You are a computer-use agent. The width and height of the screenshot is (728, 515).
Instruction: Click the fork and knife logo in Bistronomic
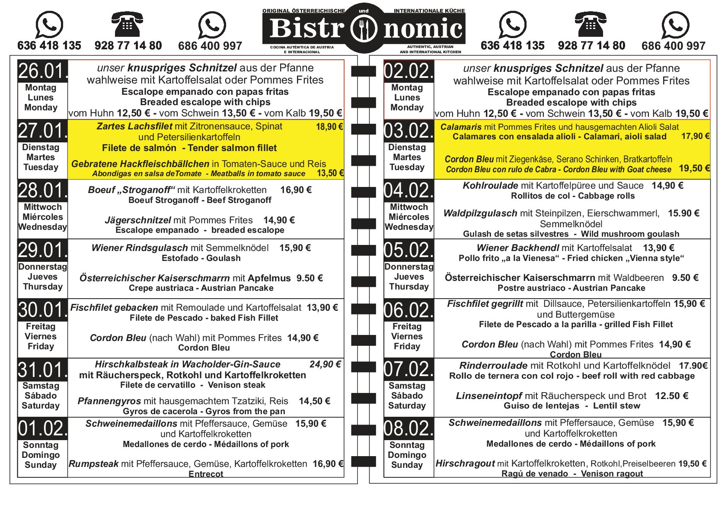click(x=364, y=29)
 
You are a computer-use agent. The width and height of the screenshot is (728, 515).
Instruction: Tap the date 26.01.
click(x=42, y=71)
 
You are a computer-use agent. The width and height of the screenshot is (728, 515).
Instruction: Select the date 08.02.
click(x=409, y=428)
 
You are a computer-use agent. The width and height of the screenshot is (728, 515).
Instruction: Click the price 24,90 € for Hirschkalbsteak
click(x=325, y=364)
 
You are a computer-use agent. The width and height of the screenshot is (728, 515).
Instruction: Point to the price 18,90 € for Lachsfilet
click(x=329, y=127)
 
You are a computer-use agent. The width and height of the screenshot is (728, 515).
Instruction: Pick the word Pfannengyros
click(x=109, y=401)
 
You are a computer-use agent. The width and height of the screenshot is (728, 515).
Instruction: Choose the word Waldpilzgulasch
click(x=480, y=213)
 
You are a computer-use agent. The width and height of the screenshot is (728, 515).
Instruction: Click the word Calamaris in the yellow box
click(x=460, y=127)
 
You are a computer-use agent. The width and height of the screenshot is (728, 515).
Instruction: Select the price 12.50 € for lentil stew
click(x=671, y=396)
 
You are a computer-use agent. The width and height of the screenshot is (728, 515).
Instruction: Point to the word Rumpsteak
click(x=93, y=464)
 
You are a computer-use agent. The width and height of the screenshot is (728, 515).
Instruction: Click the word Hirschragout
click(x=465, y=463)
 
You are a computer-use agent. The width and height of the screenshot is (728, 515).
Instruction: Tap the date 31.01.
click(x=42, y=370)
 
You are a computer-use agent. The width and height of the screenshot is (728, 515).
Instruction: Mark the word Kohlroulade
click(x=490, y=186)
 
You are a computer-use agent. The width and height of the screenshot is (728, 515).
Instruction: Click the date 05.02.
click(x=409, y=250)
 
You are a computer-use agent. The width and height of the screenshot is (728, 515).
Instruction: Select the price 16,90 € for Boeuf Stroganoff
click(x=296, y=190)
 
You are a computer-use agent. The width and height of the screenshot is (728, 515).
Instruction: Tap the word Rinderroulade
click(x=493, y=366)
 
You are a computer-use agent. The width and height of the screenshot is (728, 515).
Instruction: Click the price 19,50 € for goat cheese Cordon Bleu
click(x=694, y=168)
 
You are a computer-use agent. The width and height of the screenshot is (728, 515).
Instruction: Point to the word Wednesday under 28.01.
click(x=42, y=227)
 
